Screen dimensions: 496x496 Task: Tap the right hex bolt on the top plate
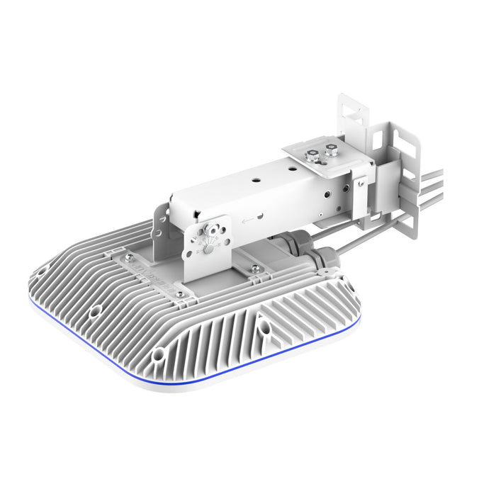(330, 150)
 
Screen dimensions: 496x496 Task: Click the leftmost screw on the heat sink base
(129, 258)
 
